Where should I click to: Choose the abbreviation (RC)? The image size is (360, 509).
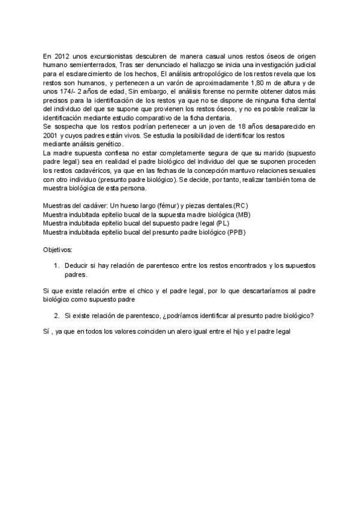coord(237,206)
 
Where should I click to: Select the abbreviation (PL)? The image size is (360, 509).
coord(221,223)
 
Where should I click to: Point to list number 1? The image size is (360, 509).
coord(56,265)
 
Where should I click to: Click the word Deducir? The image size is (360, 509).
coord(77,265)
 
